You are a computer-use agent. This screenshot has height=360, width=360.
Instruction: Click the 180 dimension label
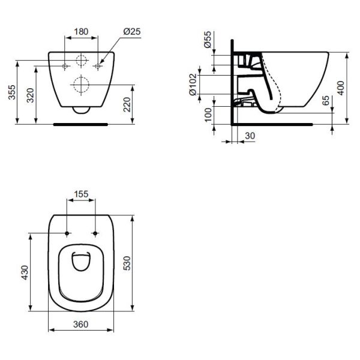click(x=81, y=32)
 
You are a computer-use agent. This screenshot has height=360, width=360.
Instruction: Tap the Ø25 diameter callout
click(x=132, y=31)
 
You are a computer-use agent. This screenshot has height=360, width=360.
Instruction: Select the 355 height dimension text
click(x=12, y=92)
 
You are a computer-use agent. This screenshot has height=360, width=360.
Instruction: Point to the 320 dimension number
click(x=31, y=95)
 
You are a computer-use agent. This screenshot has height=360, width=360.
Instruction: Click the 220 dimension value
click(x=127, y=104)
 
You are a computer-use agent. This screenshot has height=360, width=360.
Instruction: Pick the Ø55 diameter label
click(x=208, y=40)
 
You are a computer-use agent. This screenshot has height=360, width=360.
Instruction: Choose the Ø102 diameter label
click(x=193, y=85)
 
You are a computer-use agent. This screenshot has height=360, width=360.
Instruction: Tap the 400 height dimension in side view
click(x=341, y=88)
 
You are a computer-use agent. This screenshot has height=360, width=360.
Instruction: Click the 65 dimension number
click(x=326, y=100)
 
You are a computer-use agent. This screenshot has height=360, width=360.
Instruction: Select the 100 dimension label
click(x=208, y=115)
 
